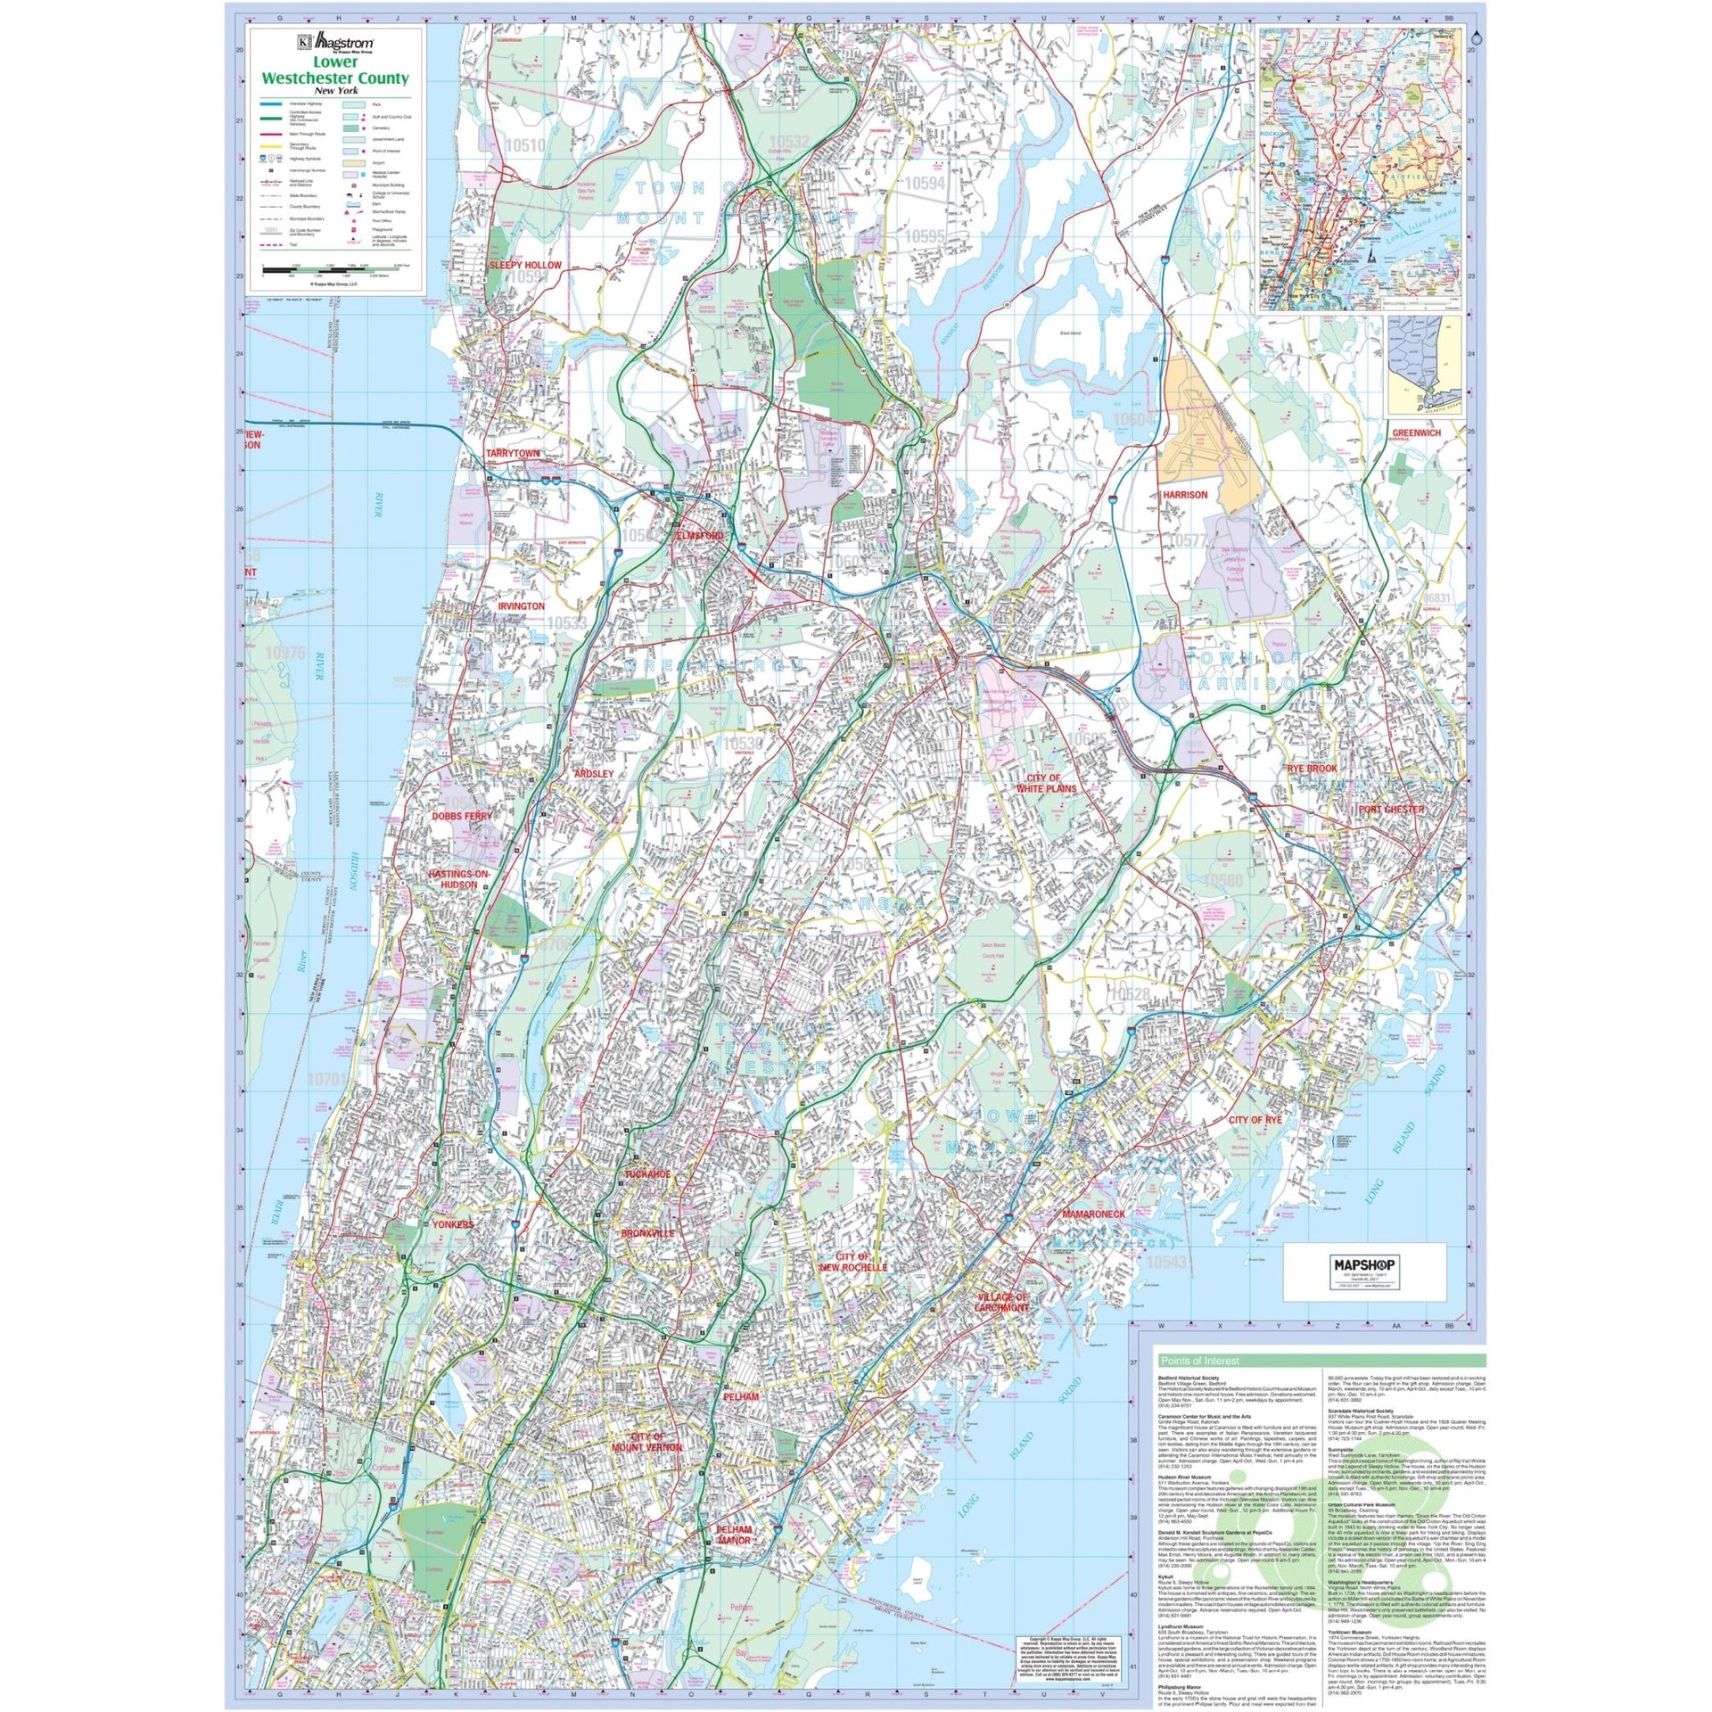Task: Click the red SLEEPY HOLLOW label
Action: click(524, 266)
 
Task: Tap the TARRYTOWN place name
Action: click(513, 454)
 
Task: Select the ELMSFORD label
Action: click(700, 536)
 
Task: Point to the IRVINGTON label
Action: click(521, 606)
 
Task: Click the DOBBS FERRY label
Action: click(462, 816)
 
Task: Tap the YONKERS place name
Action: click(453, 1225)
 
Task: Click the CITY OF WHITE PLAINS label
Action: click(1047, 784)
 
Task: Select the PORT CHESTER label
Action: click(1391, 810)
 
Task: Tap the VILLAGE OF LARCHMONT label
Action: click(1003, 1302)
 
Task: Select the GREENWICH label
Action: click(1415, 433)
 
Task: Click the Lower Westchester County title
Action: click(334, 72)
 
